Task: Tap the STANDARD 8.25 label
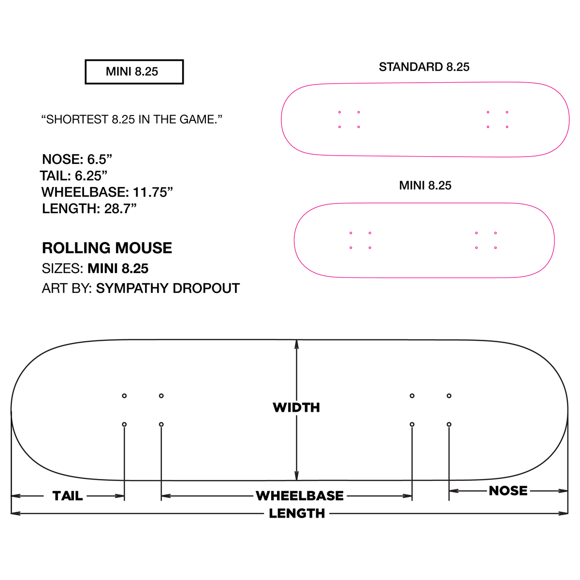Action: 424,67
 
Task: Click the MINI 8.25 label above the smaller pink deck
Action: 425,186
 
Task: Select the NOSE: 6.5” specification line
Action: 77,159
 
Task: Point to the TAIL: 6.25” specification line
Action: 73,176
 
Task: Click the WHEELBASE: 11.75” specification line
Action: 107,192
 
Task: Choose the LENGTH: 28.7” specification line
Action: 89,209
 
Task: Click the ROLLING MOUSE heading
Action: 107,248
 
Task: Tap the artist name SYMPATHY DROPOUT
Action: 168,289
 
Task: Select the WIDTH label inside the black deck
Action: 296,407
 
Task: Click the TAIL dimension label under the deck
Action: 67,496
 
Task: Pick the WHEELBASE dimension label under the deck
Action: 300,496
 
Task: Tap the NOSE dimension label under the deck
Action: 508,491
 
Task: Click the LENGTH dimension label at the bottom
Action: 297,513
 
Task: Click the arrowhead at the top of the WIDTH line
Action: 296,344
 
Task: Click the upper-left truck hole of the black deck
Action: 124,396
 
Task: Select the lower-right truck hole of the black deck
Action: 449,424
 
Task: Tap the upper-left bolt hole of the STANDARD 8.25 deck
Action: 339,112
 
